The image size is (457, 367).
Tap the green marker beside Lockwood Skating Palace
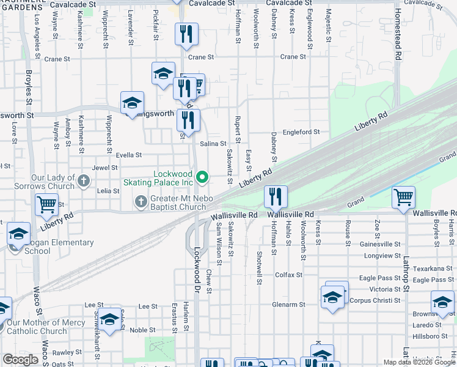pyautogui.click(x=203, y=178)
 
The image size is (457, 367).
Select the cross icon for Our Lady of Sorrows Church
pyautogui.click(x=84, y=180)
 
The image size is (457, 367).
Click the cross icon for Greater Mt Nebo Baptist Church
pyautogui.click(x=141, y=201)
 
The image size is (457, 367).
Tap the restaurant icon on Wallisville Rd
pyautogui.click(x=276, y=197)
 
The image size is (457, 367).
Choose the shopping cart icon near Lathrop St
pyautogui.click(x=403, y=198)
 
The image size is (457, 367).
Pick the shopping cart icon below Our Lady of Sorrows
pyautogui.click(x=47, y=205)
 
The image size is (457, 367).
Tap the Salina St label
pyautogui.click(x=214, y=143)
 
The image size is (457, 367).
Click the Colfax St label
pyautogui.click(x=289, y=275)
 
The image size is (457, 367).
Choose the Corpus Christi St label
pyautogui.click(x=375, y=300)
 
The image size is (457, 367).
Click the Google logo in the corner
pyautogui.click(x=20, y=360)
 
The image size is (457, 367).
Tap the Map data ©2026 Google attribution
pyautogui.click(x=419, y=362)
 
